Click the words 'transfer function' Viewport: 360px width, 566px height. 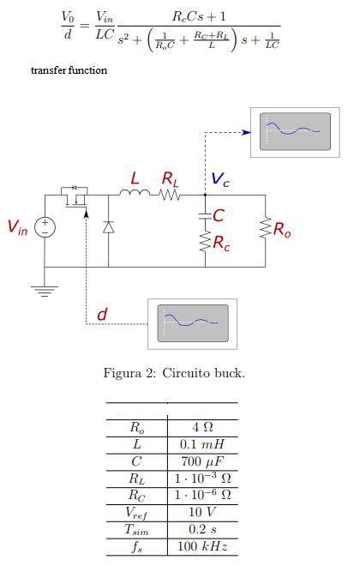[69, 69]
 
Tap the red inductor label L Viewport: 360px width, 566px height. [135, 178]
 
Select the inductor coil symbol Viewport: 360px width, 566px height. [134, 196]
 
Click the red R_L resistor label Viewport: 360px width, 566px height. [171, 179]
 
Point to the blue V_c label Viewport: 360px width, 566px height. [220, 180]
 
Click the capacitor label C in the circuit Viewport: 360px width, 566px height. [219, 215]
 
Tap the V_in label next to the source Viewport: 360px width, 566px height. [17, 227]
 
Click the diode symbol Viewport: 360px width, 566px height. [108, 227]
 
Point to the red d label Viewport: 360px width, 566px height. [101, 315]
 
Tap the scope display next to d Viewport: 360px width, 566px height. [192, 323]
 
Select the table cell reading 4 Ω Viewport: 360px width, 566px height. [202, 426]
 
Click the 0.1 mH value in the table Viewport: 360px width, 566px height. [202, 444]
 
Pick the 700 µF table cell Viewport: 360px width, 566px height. [202, 461]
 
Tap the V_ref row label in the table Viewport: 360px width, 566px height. [137, 513]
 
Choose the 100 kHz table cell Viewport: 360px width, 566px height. [202, 546]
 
